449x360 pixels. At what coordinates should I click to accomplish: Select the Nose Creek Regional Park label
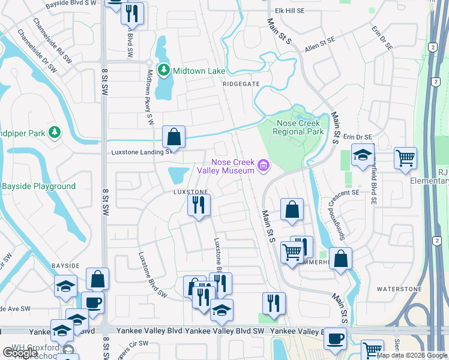pos(298,127)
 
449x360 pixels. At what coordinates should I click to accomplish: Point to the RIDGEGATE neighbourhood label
pos(241,85)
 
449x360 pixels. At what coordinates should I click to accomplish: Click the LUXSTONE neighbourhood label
pos(190,192)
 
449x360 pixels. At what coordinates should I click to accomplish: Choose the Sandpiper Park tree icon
pos(55,131)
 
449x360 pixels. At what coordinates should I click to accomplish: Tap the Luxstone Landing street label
pos(142,152)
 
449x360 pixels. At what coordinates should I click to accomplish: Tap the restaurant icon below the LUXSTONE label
pos(199,205)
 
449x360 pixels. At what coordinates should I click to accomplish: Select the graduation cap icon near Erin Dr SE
pos(363,154)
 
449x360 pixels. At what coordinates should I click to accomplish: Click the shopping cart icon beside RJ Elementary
pos(406,158)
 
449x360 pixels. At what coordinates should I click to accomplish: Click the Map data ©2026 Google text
pos(412,355)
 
